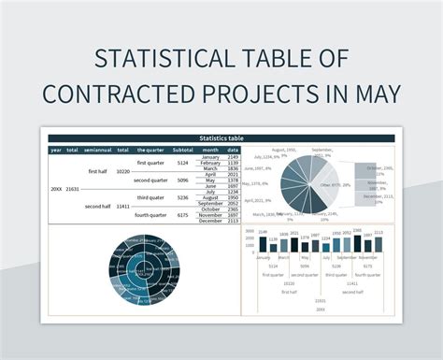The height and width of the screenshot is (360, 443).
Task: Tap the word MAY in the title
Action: coord(370,94)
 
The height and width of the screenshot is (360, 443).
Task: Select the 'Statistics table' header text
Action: coord(221,138)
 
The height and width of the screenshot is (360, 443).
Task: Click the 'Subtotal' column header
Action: coord(183,150)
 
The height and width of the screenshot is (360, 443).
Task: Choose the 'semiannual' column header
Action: coord(98,150)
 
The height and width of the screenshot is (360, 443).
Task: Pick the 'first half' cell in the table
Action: coord(98,172)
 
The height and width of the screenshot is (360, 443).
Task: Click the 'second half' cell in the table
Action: coord(98,206)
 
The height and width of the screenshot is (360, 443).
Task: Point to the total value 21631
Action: coord(72,189)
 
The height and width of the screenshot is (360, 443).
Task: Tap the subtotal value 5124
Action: coord(183,163)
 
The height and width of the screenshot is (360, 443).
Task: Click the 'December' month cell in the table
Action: coord(210,222)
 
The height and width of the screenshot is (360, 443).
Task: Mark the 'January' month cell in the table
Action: coord(210,156)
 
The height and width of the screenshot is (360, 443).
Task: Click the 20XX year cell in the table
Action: coord(56,189)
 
